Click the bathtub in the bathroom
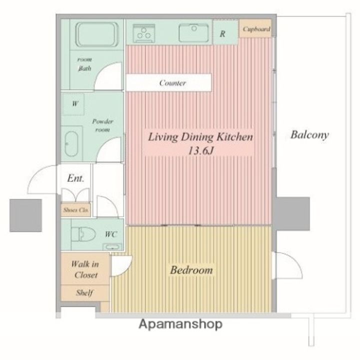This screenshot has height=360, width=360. (97, 34)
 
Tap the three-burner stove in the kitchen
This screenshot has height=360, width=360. (143, 33)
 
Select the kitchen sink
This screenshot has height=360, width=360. (193, 33)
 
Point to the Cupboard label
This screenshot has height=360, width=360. (256, 29)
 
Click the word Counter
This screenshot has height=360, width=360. (172, 83)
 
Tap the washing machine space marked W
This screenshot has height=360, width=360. (74, 104)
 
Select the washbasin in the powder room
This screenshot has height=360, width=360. (71, 144)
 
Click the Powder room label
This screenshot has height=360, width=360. (102, 125)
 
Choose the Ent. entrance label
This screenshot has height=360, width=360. (75, 178)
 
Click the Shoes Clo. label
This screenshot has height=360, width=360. (76, 210)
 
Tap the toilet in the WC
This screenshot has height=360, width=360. (83, 234)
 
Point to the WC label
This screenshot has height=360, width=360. (111, 234)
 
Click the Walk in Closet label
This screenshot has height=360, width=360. (85, 269)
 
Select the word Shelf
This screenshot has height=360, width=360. (84, 292)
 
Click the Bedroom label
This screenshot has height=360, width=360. (191, 270)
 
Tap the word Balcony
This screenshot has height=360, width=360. (309, 135)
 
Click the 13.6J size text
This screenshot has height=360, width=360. (201, 151)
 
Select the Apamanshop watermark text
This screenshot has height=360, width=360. (180, 324)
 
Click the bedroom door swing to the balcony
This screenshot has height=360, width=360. (287, 265)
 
